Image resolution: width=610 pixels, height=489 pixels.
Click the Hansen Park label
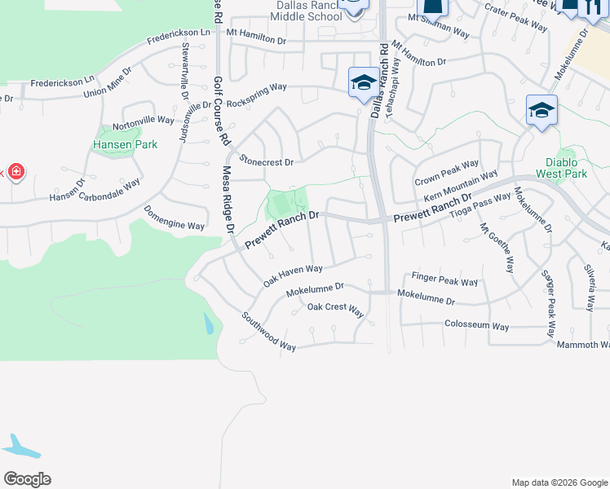tap(125, 144)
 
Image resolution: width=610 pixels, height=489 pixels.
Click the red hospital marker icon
tap(15, 173)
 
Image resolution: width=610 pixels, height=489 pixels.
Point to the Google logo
tap(27, 478)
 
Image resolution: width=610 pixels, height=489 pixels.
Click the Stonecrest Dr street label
tap(266, 162)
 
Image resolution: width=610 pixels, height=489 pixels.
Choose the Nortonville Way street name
tap(144, 120)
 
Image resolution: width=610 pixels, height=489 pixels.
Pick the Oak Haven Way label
tap(293, 275)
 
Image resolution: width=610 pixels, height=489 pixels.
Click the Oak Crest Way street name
tap(335, 308)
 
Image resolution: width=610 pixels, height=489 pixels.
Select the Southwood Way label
tap(268, 332)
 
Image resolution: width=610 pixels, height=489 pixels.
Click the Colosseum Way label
tap(476, 326)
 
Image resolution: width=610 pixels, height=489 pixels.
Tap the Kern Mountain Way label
tap(461, 187)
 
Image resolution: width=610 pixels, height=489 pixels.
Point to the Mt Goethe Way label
tap(497, 248)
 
